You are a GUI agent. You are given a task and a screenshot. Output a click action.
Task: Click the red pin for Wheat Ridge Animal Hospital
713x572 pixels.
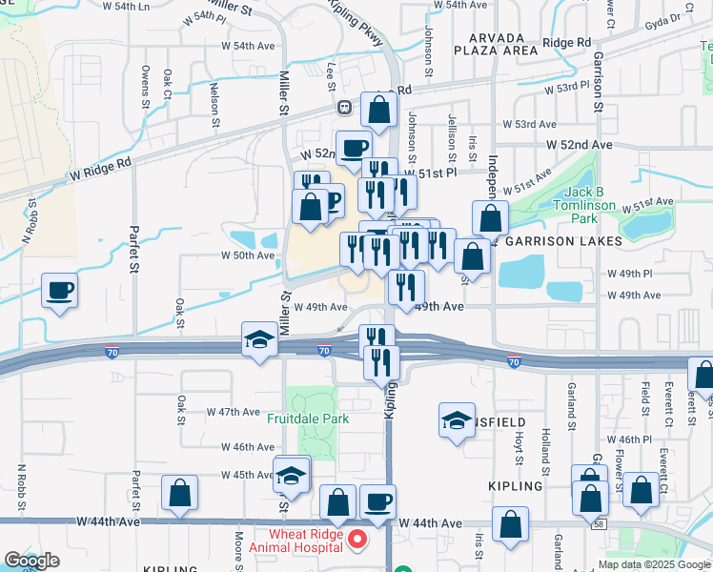pos(357,540)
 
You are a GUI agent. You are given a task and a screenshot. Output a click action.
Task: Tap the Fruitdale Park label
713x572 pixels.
pos(307,419)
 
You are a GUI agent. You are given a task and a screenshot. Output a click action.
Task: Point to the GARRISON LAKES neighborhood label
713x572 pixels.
pos(557,241)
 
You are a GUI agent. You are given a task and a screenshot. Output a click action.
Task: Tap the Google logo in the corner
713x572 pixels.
pos(31,561)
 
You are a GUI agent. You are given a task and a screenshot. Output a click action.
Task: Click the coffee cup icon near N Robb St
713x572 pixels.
pos(60,290)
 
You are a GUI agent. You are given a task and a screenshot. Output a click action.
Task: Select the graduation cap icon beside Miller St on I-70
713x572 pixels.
pos(258,340)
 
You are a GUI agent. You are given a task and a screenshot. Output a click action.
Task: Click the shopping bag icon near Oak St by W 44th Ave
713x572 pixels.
pos(179,493)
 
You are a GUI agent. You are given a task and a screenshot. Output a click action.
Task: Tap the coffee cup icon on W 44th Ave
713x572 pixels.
pos(378,501)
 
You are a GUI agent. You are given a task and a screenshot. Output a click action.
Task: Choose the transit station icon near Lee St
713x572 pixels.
pos(343,108)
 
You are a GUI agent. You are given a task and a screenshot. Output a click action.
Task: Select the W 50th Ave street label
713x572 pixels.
pos(248,255)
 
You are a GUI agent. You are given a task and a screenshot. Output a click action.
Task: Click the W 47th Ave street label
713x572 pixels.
pos(234,412)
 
